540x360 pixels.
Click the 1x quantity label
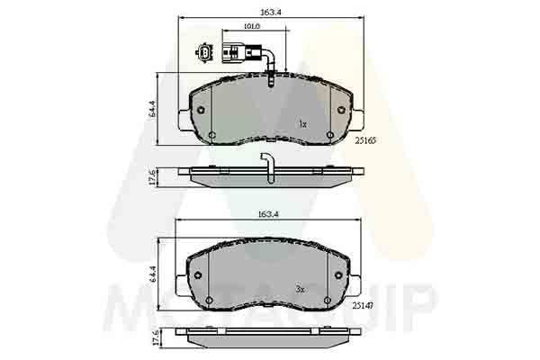302,123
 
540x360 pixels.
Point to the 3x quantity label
301,289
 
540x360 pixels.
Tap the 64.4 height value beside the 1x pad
153,110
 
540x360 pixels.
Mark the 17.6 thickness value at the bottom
153,342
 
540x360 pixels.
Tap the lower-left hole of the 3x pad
210,300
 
